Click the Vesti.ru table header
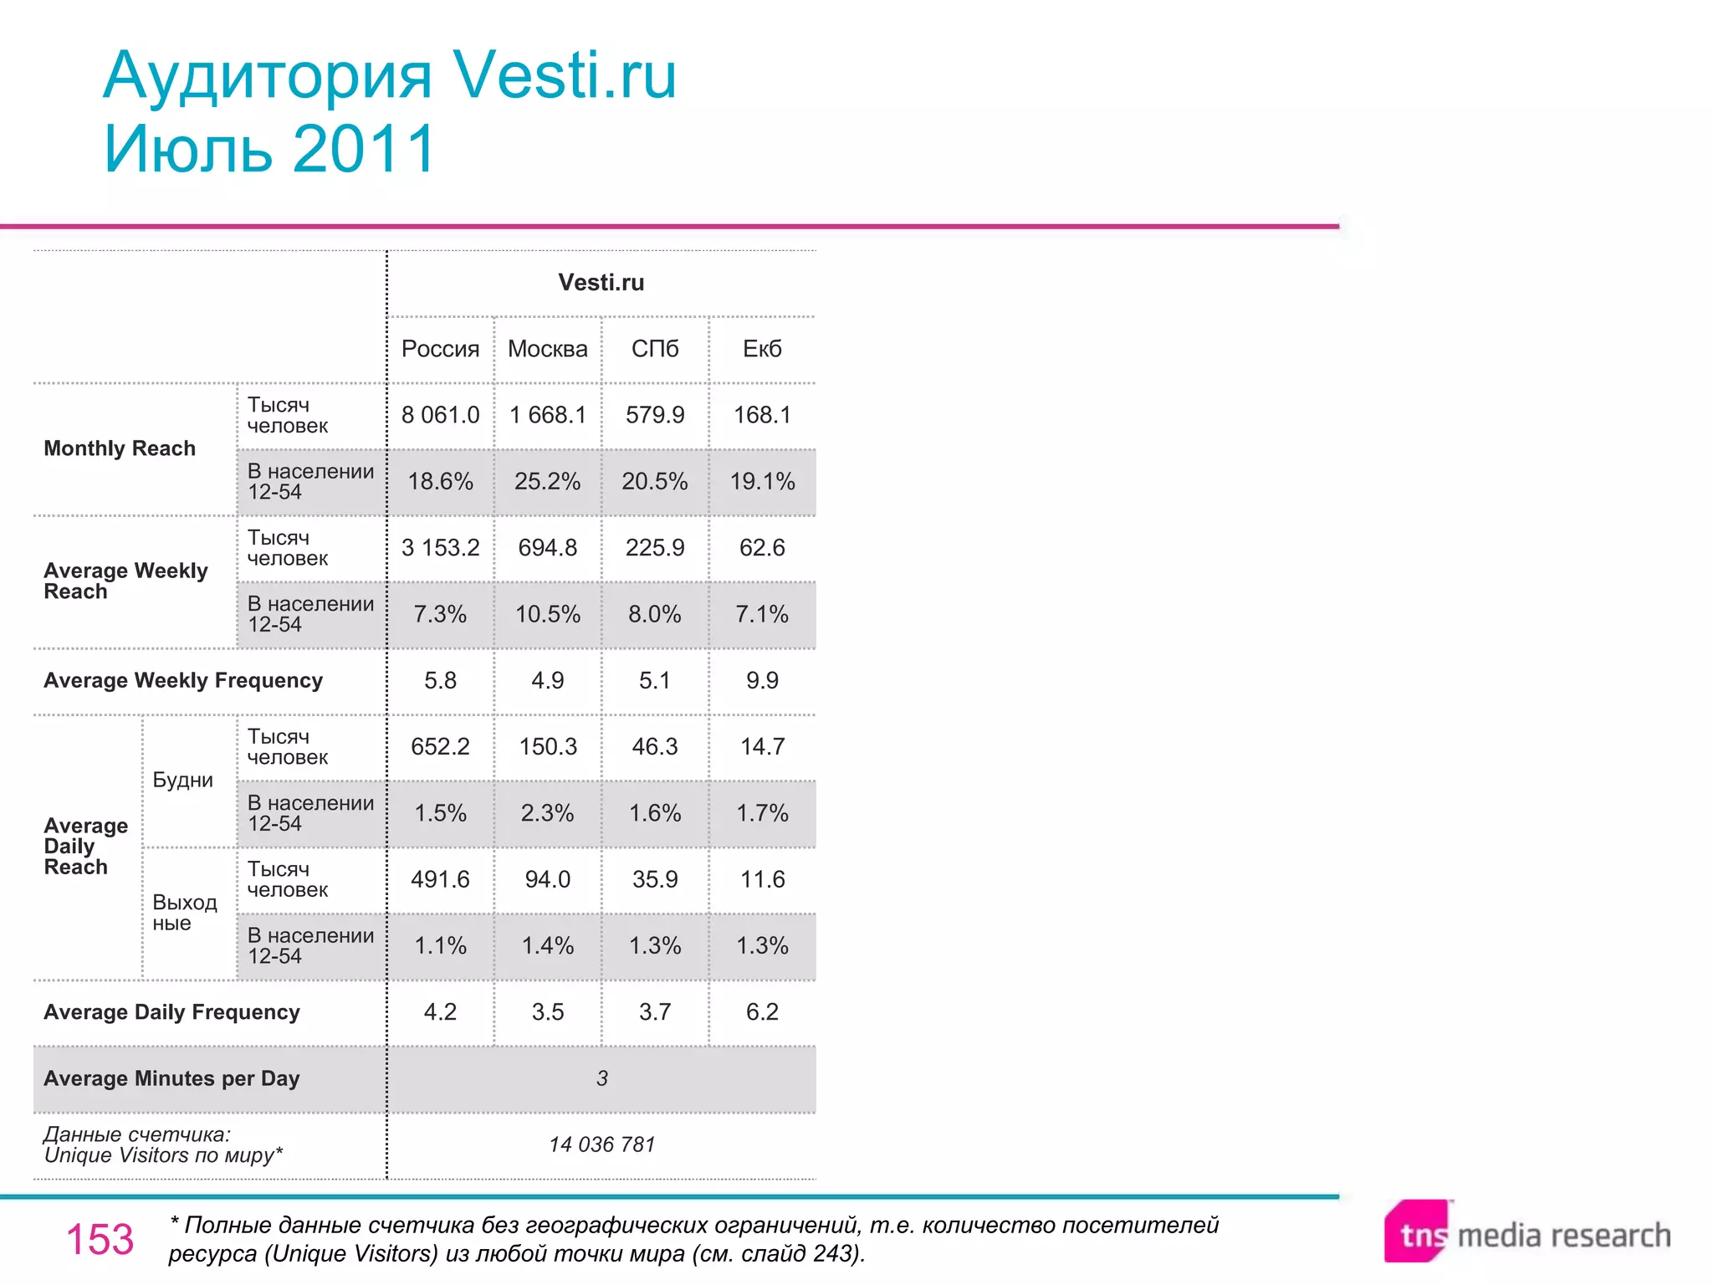[x=601, y=283]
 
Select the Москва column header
[x=548, y=349]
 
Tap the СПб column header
[x=655, y=349]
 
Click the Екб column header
[x=762, y=349]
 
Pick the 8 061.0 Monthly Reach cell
[x=440, y=415]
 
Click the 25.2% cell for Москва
[x=548, y=481]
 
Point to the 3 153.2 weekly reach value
[x=440, y=548]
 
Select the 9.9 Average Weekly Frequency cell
[x=762, y=680]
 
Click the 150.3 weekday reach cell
[x=548, y=746]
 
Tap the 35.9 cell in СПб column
[x=655, y=879]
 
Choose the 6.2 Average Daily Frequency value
[x=762, y=1012]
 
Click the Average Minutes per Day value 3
[x=601, y=1078]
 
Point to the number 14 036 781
[x=601, y=1144]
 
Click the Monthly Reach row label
[x=120, y=448]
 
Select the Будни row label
[x=182, y=780]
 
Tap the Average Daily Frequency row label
[x=171, y=1012]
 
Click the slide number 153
[x=100, y=1239]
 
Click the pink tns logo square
[x=1416, y=1232]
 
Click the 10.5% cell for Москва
[x=548, y=614]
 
